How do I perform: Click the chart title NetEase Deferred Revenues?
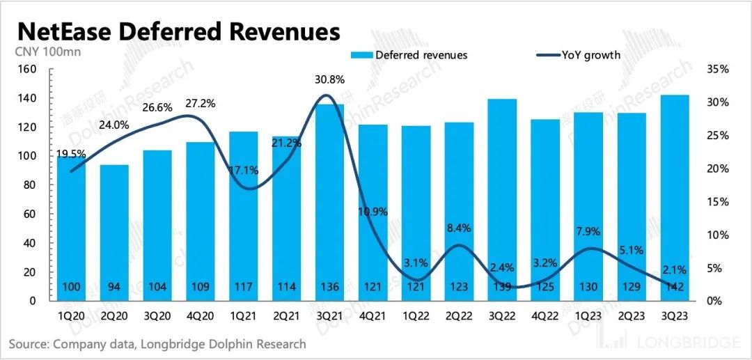[x=178, y=32]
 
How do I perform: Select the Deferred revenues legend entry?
[x=410, y=54]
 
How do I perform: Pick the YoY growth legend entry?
[x=578, y=54]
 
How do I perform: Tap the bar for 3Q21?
[x=329, y=202]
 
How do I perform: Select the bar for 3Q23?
[x=673, y=198]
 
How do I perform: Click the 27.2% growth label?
[x=200, y=104]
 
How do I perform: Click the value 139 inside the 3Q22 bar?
[x=501, y=288]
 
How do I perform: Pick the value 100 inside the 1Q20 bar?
[x=70, y=288]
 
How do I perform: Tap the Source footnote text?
[x=157, y=344]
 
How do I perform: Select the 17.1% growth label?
[x=243, y=170]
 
